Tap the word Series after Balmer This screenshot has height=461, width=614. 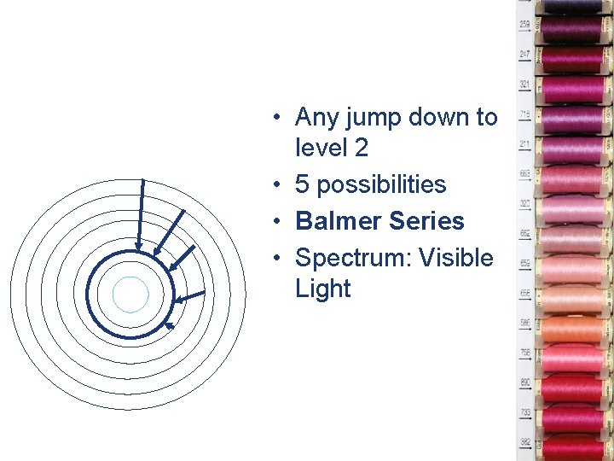click(x=425, y=221)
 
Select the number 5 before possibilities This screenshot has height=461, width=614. click(x=303, y=184)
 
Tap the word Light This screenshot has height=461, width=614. click(x=322, y=289)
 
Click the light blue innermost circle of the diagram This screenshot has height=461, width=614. click(x=130, y=295)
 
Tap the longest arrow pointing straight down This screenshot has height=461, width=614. click(x=142, y=213)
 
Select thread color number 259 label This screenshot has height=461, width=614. click(x=525, y=24)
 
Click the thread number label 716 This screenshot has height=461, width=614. click(x=525, y=114)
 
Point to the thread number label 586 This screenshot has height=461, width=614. click(x=525, y=323)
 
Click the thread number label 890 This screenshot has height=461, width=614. click(x=525, y=382)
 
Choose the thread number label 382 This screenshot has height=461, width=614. click(x=525, y=442)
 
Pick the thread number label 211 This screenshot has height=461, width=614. click(x=525, y=143)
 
